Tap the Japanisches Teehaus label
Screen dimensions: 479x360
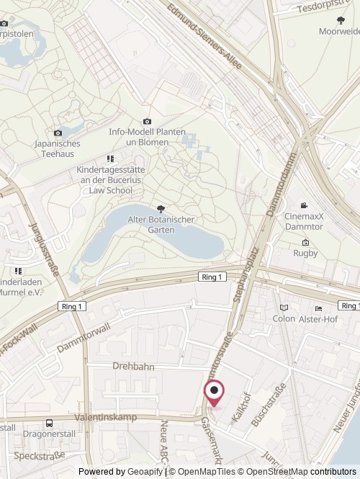58,148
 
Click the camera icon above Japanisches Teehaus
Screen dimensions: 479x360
58,133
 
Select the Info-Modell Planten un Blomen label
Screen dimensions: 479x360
147,137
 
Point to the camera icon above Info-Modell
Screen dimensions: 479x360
147,121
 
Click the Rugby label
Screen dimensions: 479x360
305,253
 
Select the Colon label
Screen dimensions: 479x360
284,318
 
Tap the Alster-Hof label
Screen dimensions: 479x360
320,318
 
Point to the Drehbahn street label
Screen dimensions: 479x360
133,366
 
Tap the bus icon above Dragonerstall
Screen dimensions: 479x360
49,424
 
